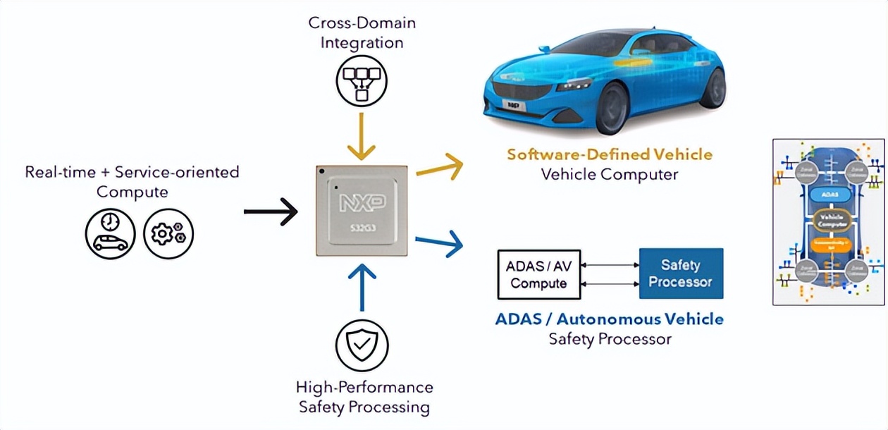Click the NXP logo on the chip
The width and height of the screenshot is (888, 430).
tap(362, 204)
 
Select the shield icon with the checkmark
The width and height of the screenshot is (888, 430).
tap(362, 345)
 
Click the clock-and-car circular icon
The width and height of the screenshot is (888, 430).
tap(111, 233)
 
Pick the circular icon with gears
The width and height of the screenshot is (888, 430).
tap(168, 233)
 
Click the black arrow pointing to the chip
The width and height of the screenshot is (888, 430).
tap(271, 211)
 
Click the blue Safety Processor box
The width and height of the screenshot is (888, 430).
tap(680, 274)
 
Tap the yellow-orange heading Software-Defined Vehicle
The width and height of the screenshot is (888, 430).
tap(609, 154)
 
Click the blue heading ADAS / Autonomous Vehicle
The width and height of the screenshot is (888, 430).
tap(609, 319)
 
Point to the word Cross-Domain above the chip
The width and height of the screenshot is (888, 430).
tap(362, 23)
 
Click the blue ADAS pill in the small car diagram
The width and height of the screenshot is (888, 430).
tap(829, 192)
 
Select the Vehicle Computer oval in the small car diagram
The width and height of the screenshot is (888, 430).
tap(829, 219)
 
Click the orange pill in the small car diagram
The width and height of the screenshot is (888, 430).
tap(829, 245)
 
